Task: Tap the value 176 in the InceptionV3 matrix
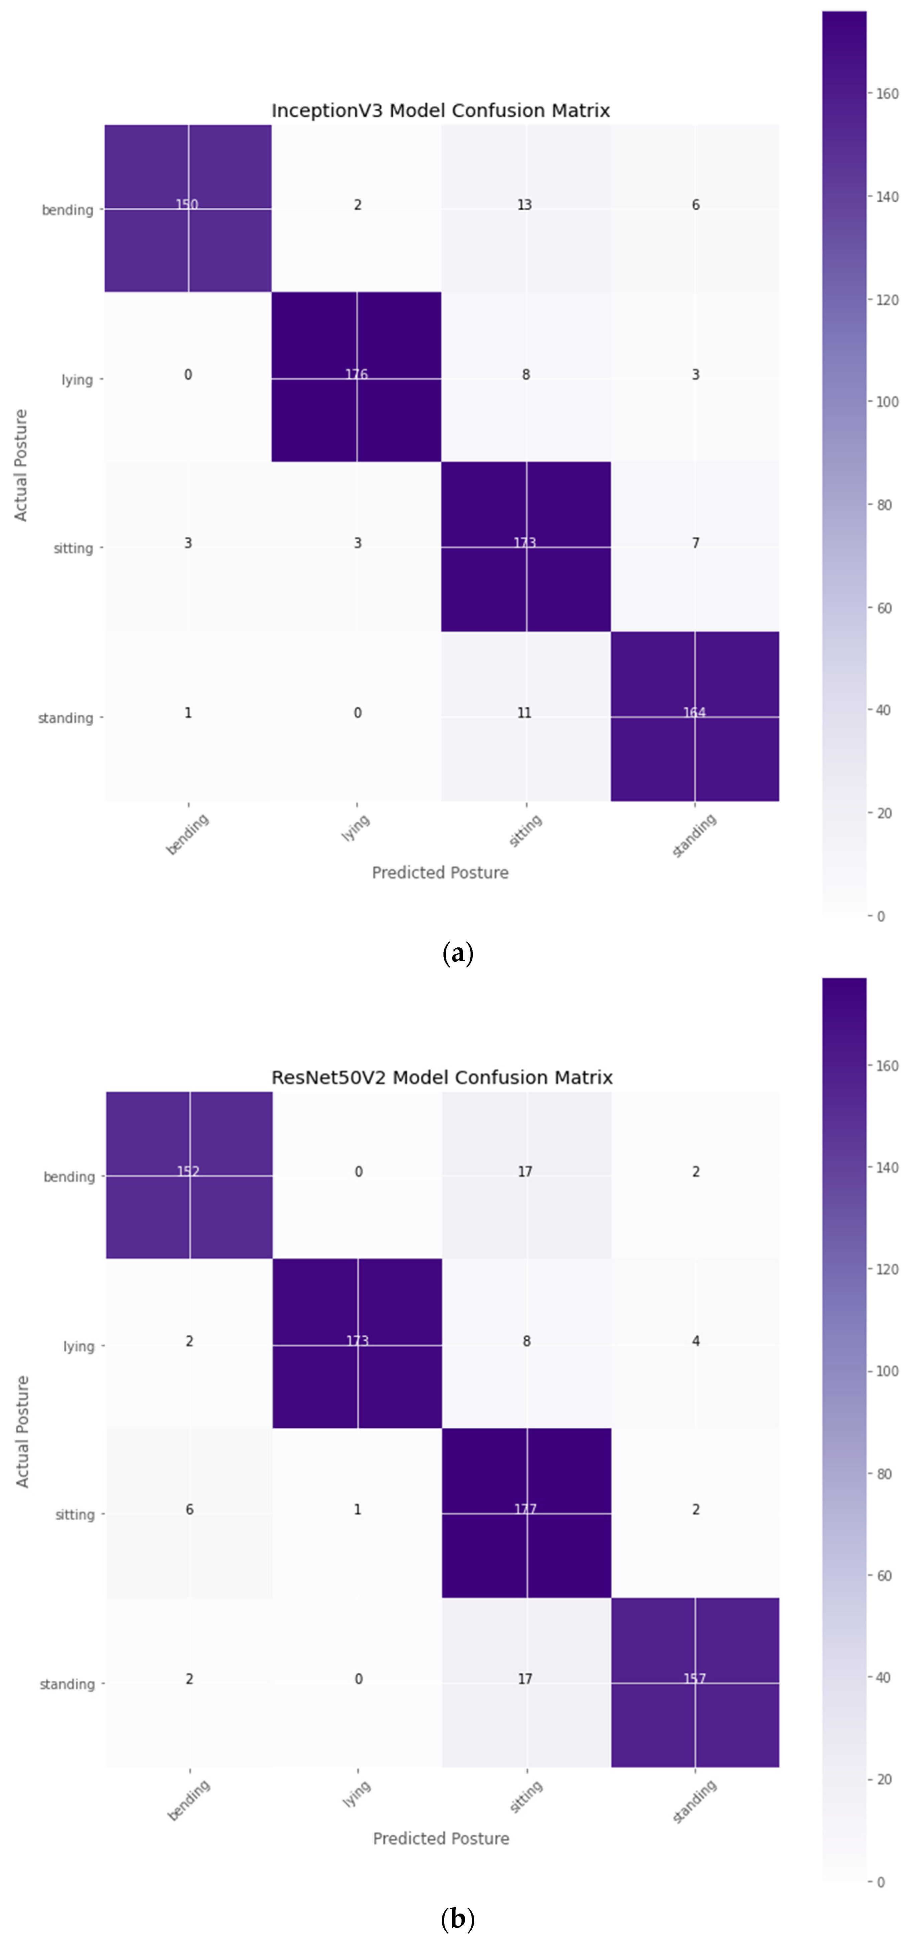point(356,375)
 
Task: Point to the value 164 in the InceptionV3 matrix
point(694,713)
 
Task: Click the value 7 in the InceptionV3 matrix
point(696,543)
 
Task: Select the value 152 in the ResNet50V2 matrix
point(188,1171)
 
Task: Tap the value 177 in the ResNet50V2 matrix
point(526,1510)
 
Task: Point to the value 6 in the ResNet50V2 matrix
point(189,1510)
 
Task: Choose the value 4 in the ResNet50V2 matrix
point(696,1341)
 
